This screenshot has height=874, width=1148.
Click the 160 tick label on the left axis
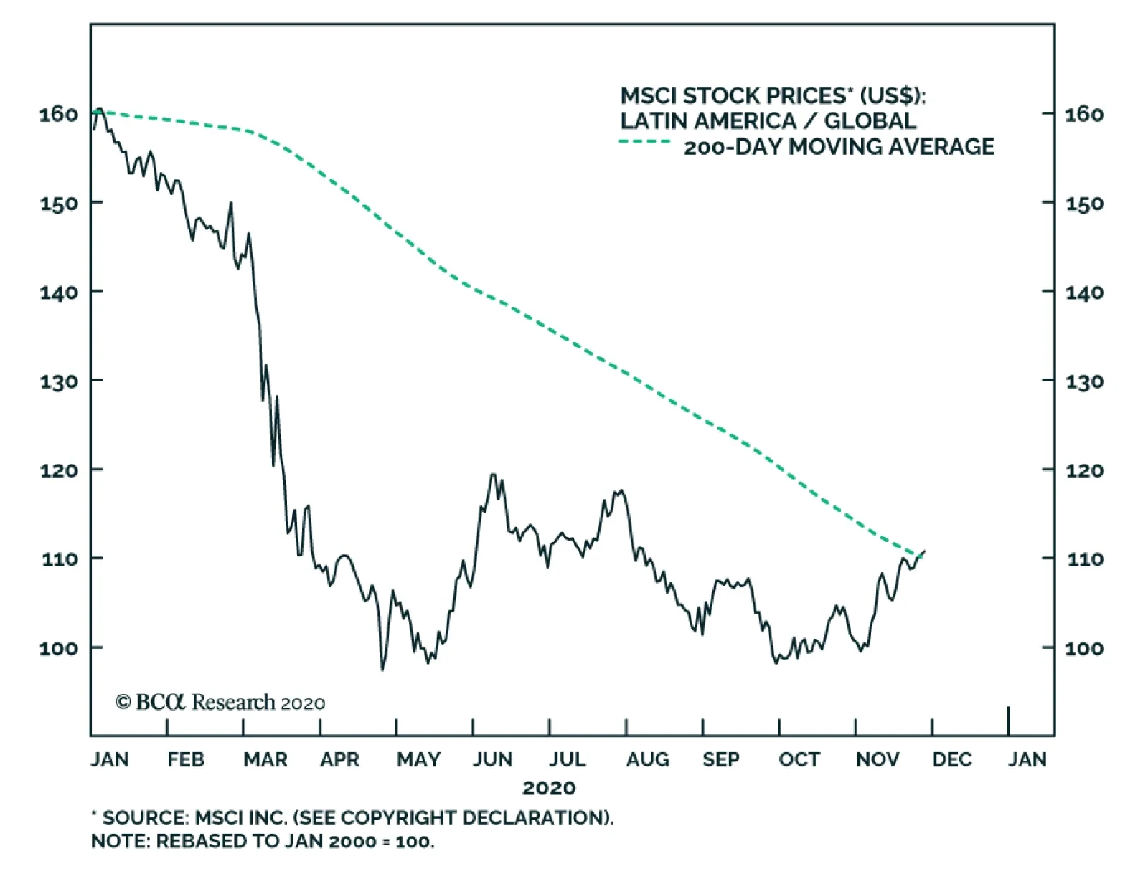(59, 114)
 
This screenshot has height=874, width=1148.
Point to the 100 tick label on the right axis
(1085, 648)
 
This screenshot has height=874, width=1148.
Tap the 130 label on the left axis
(59, 381)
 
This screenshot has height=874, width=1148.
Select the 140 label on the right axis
(1085, 293)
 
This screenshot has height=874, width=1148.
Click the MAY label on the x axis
(419, 759)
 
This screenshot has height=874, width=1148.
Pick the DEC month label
(952, 759)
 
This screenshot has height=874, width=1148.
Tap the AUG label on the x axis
(647, 759)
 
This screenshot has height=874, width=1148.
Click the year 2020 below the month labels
(549, 788)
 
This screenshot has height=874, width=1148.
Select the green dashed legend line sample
(644, 142)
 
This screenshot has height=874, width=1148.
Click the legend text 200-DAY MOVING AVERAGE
(839, 147)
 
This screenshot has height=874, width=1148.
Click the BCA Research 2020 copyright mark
(220, 702)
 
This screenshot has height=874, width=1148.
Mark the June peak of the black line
(493, 475)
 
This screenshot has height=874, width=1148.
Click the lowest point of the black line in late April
(382, 670)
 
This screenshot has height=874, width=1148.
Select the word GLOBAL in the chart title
(870, 120)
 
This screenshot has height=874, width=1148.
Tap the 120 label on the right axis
(1085, 471)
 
